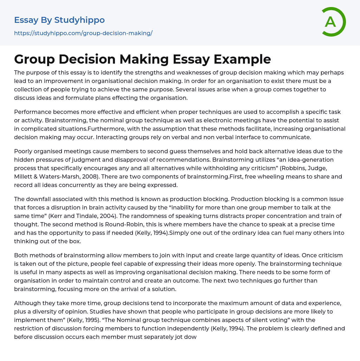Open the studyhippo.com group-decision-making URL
[83, 33]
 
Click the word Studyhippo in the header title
[79, 20]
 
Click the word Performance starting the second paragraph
[32, 112]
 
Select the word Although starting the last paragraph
[27, 303]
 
